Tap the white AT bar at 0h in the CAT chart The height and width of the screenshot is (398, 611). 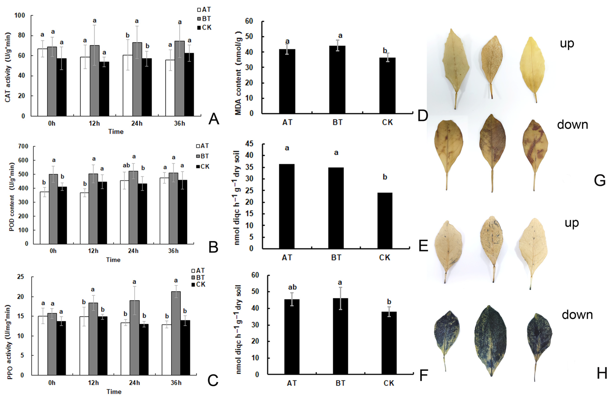click(x=42, y=82)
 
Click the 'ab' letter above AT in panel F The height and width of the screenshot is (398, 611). click(x=292, y=287)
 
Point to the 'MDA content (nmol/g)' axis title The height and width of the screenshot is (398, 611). click(x=238, y=73)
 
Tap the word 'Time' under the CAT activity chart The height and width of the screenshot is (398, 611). click(x=116, y=132)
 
